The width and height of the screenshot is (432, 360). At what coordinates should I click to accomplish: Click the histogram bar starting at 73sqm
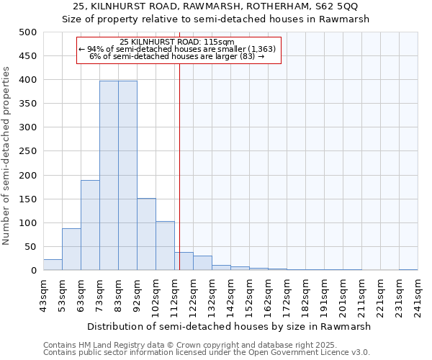click(109, 176)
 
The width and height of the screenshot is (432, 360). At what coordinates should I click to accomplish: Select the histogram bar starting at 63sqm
click(90, 225)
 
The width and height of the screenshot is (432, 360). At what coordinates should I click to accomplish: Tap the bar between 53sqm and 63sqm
click(71, 249)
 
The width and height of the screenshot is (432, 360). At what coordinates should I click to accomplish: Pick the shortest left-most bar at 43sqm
click(53, 264)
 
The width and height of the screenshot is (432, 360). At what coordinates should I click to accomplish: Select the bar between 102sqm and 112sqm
click(165, 246)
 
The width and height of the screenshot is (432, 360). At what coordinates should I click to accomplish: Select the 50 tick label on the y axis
click(30, 247)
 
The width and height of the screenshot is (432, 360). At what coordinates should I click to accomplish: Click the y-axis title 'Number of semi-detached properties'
click(7, 156)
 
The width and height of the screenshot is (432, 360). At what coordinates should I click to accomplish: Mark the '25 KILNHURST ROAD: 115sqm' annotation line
click(177, 42)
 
